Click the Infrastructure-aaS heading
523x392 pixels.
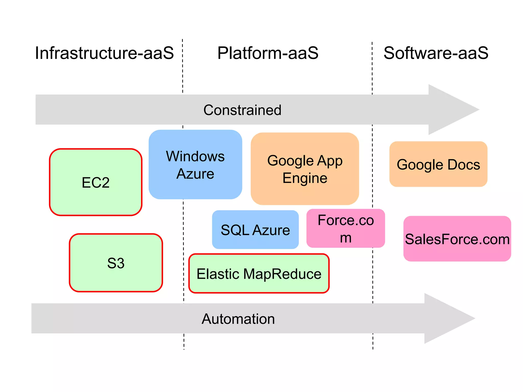click(104, 53)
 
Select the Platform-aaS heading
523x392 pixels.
click(268, 53)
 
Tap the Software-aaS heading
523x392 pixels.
click(436, 53)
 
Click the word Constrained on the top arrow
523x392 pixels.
click(242, 110)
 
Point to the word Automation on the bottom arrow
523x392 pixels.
click(238, 319)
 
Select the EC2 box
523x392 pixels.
click(96, 182)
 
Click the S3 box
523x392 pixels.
click(116, 263)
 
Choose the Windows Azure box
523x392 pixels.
click(195, 165)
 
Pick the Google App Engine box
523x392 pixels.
click(305, 169)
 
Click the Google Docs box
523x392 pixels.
click(438, 164)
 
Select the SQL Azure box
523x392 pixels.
click(255, 230)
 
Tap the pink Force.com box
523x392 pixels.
click(346, 228)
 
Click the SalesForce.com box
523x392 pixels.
click(457, 239)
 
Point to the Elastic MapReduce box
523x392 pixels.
click(259, 274)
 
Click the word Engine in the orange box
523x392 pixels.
click(305, 178)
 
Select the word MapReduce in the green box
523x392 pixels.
click(282, 274)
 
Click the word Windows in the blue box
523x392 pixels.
click(195, 156)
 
